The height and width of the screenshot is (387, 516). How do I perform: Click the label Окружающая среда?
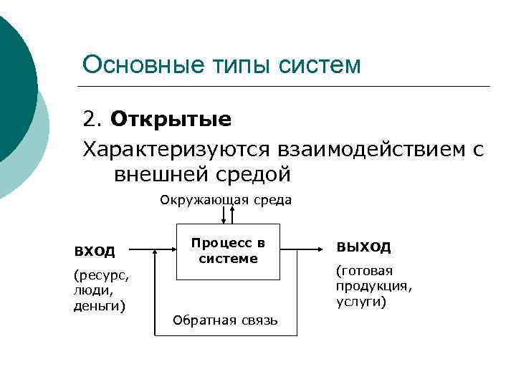coord(226,200)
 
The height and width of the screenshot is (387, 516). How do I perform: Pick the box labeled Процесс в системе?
coord(228,251)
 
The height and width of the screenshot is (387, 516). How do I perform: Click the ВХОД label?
coord(95,251)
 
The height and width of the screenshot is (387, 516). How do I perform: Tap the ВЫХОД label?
coord(363,247)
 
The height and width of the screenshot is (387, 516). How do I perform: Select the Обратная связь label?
coord(225,320)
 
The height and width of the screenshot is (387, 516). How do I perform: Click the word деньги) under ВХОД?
coord(99,307)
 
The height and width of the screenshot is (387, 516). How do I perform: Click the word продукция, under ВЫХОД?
coord(374,287)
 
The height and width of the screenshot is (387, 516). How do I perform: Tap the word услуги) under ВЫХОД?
coord(361,302)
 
